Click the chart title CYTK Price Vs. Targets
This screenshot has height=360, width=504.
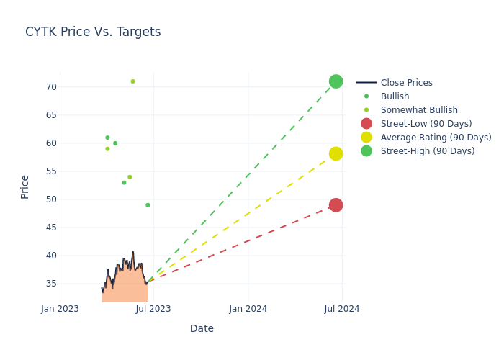tap(93, 32)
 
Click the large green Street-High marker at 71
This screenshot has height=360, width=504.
tap(336, 81)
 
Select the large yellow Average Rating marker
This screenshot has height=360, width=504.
tap(336, 153)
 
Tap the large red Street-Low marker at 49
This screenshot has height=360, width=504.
tap(336, 205)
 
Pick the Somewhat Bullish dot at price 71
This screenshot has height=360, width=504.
tap(132, 81)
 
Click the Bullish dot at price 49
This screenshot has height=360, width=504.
tap(148, 205)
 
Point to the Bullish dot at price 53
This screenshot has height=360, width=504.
tap(124, 183)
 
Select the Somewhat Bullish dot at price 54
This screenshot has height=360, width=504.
tap(130, 177)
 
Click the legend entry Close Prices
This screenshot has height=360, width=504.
tap(406, 83)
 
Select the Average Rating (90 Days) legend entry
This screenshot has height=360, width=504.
tap(436, 138)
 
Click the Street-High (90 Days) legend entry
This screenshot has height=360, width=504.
tap(427, 151)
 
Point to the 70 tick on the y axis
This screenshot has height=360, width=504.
tap(50, 87)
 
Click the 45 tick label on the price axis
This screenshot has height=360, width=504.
tap(50, 228)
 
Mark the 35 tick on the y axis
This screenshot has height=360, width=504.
tap(50, 284)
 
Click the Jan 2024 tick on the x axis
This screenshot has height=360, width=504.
tap(248, 309)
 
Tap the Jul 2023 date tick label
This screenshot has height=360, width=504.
tap(153, 309)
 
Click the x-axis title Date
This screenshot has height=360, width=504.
tap(202, 329)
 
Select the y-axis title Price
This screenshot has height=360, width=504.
tap(25, 186)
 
